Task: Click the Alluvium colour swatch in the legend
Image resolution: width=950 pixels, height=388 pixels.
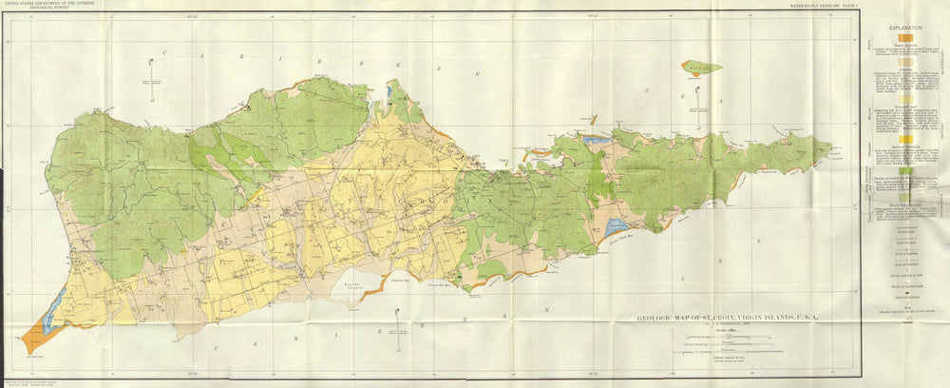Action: click(900, 73)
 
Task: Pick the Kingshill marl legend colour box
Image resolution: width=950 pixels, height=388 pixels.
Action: click(900, 99)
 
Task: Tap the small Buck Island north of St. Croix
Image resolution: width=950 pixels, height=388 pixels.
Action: click(701, 68)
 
